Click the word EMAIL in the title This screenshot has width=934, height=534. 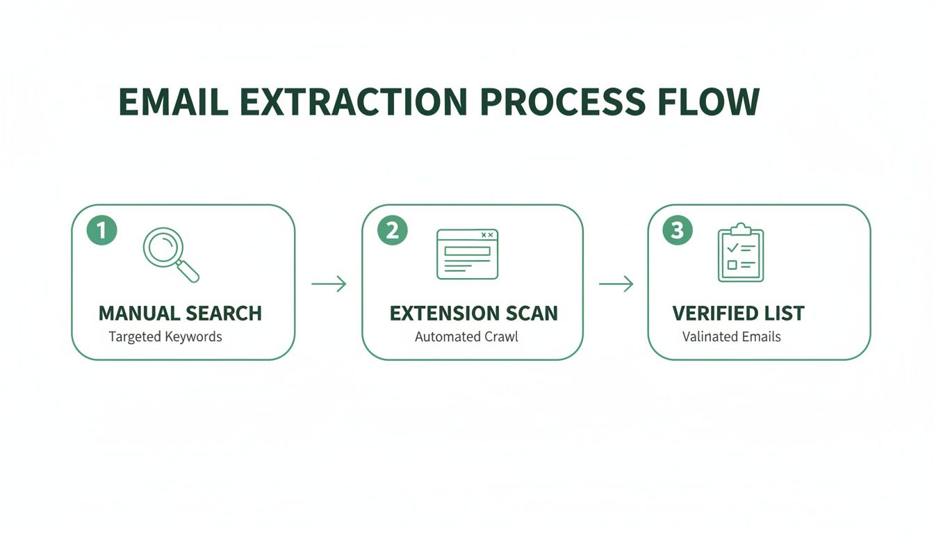tap(173, 102)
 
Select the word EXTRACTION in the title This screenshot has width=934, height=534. tap(353, 102)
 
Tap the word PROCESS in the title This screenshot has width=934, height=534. tap(562, 102)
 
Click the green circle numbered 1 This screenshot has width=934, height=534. tap(101, 230)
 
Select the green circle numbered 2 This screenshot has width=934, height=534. tap(392, 230)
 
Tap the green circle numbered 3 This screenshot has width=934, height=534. tap(678, 230)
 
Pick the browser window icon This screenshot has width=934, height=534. tap(467, 254)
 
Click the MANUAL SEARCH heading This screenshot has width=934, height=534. tap(180, 313)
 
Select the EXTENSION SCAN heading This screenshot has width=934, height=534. tap(473, 313)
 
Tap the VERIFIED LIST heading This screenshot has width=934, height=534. tap(738, 313)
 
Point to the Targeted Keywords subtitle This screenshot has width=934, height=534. tap(165, 337)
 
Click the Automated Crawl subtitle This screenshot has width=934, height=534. tap(466, 337)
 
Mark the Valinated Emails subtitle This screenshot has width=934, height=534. tap(731, 337)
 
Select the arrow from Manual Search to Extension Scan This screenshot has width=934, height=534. tap(329, 284)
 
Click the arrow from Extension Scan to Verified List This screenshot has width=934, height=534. tap(616, 284)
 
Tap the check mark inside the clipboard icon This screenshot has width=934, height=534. tap(732, 248)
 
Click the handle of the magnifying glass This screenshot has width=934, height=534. tap(188, 272)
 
